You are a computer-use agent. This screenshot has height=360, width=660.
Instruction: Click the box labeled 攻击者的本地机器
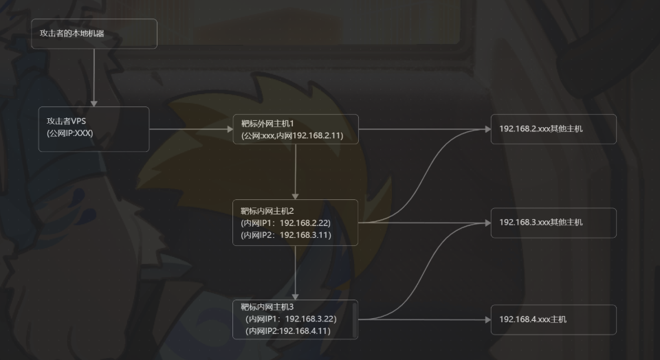click(93, 34)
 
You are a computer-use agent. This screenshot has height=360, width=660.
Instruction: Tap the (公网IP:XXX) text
click(69, 133)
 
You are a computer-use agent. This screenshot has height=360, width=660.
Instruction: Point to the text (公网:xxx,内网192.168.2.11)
click(292, 136)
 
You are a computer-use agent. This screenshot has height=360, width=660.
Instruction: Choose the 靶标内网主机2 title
click(267, 210)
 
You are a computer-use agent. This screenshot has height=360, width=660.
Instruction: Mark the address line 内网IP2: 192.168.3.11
click(286, 235)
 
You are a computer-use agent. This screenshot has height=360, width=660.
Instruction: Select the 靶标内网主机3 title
click(267, 306)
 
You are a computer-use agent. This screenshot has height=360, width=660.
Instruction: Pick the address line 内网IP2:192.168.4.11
click(288, 331)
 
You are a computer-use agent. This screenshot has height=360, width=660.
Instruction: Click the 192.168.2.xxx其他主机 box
click(553, 128)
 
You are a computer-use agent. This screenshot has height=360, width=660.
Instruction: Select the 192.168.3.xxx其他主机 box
click(553, 223)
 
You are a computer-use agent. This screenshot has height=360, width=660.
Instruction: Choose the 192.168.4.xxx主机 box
click(553, 319)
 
